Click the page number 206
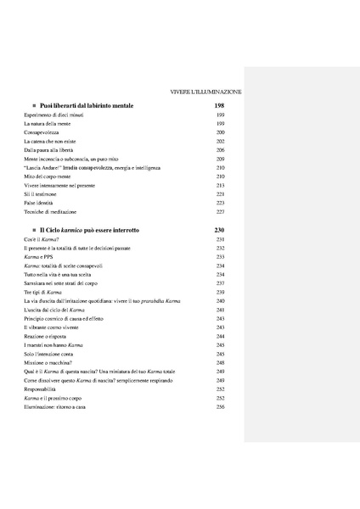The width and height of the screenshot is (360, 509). [x=220, y=150]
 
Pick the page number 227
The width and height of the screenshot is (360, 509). [x=220, y=212]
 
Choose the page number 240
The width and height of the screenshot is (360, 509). [x=220, y=301]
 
